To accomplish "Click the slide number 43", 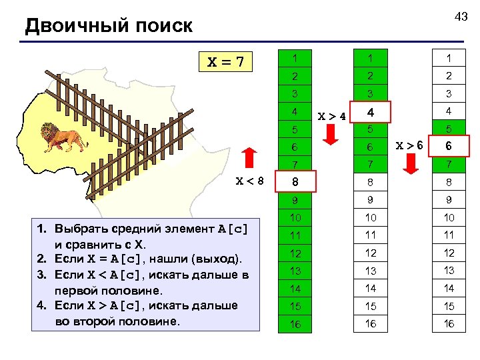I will [x=461, y=17].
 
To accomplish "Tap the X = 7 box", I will [x=226, y=63].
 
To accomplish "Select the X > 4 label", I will [x=331, y=115].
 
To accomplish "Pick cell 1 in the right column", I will [x=449, y=59].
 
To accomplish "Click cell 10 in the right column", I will [x=449, y=218].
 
